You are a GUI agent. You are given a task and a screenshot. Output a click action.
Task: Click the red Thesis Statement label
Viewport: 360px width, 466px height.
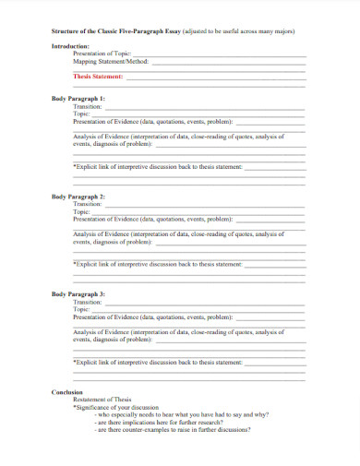(98, 77)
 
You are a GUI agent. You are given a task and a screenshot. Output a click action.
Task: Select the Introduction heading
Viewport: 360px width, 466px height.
(70, 46)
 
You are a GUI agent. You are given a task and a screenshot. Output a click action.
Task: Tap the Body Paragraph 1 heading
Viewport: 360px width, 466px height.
(78, 98)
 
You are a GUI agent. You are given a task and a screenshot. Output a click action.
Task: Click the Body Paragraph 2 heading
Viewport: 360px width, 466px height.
(78, 197)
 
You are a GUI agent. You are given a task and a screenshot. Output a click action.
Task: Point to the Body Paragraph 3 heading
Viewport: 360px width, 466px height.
(78, 293)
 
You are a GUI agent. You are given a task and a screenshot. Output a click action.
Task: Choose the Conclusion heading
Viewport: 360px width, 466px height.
(67, 392)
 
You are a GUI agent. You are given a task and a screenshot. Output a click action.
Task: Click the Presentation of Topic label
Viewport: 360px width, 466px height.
(103, 54)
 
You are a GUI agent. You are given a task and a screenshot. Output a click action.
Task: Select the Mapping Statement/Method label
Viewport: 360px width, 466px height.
(110, 61)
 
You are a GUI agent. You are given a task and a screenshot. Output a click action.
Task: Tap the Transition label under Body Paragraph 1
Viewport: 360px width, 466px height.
(88, 106)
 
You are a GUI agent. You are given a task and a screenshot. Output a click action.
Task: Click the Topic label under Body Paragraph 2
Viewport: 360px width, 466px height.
(82, 212)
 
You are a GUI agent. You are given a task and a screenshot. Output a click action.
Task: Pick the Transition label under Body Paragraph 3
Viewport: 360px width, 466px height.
(88, 302)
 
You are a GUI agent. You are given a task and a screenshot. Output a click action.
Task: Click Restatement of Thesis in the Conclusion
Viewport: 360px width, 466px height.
(102, 400)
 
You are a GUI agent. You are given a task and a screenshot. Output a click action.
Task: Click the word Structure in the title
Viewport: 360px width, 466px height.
(67, 31)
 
